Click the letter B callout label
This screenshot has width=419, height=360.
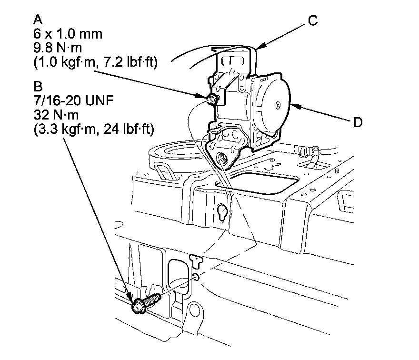click(x=38, y=87)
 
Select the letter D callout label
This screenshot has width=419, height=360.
click(x=358, y=122)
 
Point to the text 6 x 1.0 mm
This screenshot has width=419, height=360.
click(x=68, y=34)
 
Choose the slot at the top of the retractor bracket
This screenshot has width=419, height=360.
click(x=233, y=61)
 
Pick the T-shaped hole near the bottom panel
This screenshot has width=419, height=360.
click(x=195, y=260)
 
